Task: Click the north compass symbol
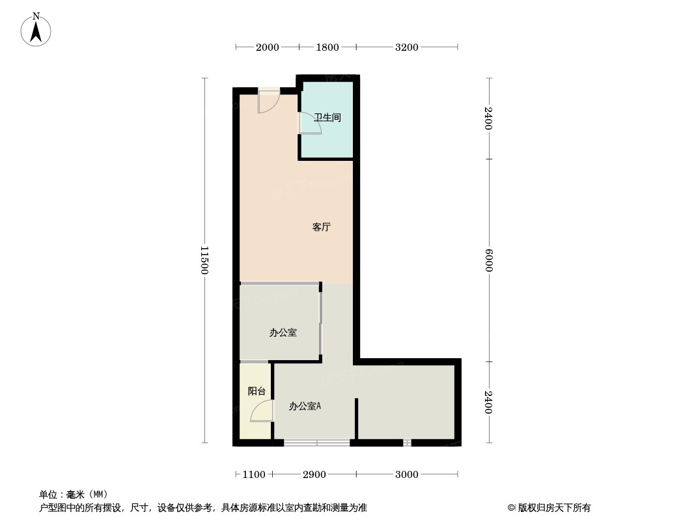click(36, 30)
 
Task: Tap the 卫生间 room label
click(327, 118)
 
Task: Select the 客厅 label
click(322, 227)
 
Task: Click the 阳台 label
click(257, 391)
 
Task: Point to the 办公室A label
click(305, 406)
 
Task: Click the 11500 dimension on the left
click(204, 260)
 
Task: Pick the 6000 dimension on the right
click(489, 260)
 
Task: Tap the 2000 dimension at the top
click(267, 47)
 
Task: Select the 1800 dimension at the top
click(327, 47)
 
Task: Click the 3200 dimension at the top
click(407, 47)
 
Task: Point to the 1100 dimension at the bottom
click(254, 474)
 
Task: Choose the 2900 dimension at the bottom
click(314, 474)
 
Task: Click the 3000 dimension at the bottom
click(407, 474)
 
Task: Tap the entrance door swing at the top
click(268, 102)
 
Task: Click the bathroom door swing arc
click(310, 123)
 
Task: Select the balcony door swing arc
click(262, 411)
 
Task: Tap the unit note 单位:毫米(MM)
click(74, 494)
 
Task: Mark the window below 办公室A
click(316, 443)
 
